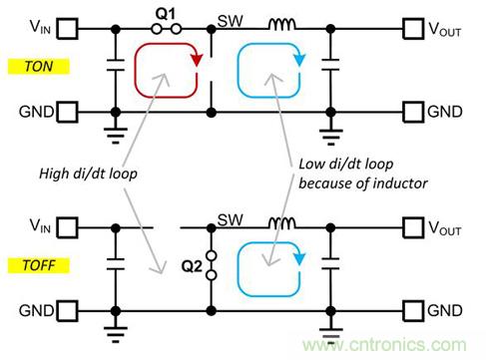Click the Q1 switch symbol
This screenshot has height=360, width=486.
166,29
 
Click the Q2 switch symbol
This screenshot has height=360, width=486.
212,265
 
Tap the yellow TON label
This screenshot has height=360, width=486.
39,67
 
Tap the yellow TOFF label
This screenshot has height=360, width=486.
39,265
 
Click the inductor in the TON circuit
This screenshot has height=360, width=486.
281,25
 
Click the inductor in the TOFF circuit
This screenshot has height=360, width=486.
281,223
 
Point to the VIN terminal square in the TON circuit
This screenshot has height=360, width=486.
68,29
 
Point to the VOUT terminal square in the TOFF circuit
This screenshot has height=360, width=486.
413,227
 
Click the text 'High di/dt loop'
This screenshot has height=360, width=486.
88,174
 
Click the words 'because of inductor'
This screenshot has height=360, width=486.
363,183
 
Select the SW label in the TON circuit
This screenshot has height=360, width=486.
231,21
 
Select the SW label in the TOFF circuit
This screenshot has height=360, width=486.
231,219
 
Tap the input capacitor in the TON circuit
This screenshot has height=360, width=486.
116,65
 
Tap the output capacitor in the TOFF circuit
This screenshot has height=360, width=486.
330,264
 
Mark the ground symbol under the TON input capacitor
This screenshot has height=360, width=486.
116,136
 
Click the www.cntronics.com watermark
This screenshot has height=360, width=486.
384,345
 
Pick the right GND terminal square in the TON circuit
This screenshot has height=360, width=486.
413,112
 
